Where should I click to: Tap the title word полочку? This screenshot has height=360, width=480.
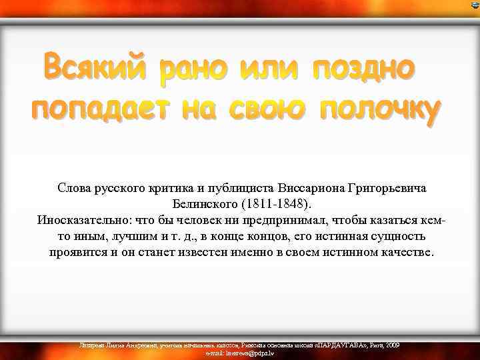[x=381, y=109]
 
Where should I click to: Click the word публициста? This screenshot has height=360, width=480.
[x=243, y=189]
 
